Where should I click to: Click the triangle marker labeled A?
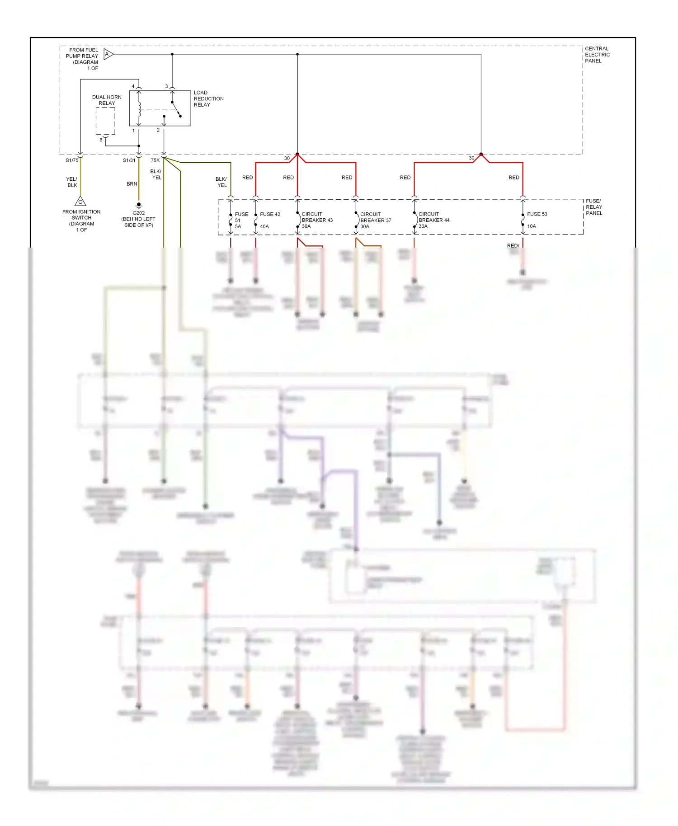coord(108,54)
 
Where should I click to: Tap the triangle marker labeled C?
coord(80,202)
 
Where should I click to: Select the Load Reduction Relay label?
coord(208,99)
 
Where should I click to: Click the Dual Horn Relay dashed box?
coord(105,121)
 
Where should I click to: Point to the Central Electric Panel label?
coord(597,55)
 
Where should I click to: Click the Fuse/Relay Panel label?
coord(594,207)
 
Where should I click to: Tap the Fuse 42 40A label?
coord(269,220)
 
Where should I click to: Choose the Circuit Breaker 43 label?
coord(317,220)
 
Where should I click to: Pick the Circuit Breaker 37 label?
coord(375,220)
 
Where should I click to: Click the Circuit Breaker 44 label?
coord(433,220)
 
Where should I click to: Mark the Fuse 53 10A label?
coord(537,220)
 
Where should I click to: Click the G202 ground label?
coord(138,219)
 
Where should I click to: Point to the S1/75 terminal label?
coord(72,160)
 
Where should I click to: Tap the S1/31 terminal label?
coord(129,160)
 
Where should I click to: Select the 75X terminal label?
coord(155,160)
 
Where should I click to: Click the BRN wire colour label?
coord(132,184)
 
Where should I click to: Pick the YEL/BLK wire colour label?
coord(72,182)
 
